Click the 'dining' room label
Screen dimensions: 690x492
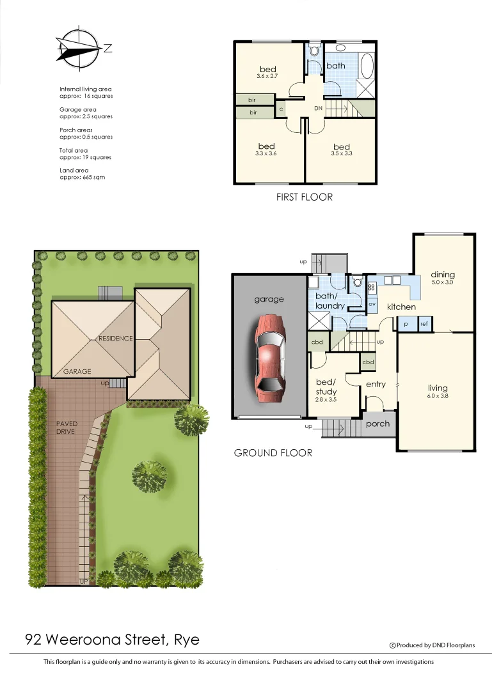pyautogui.click(x=442, y=275)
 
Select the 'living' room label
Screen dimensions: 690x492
pyautogui.click(x=438, y=388)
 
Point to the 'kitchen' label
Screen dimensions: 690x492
pyautogui.click(x=401, y=307)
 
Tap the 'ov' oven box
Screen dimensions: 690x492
pyautogui.click(x=372, y=304)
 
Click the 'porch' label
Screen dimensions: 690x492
pyautogui.click(x=377, y=424)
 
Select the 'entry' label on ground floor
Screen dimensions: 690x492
pyautogui.click(x=376, y=384)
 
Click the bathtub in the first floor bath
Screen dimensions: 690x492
pyautogui.click(x=366, y=65)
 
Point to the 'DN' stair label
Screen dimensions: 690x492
pyautogui.click(x=318, y=109)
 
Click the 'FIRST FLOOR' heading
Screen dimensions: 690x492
pyautogui.click(x=304, y=197)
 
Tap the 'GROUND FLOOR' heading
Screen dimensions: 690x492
pyautogui.click(x=273, y=453)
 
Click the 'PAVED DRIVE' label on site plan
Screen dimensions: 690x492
pyautogui.click(x=66, y=427)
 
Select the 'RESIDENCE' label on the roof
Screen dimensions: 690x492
pyautogui.click(x=115, y=338)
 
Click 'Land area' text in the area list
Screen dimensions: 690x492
pyautogui.click(x=74, y=170)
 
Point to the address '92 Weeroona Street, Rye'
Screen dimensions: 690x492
pyautogui.click(x=112, y=640)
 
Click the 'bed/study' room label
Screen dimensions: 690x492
pyautogui.click(x=326, y=387)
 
